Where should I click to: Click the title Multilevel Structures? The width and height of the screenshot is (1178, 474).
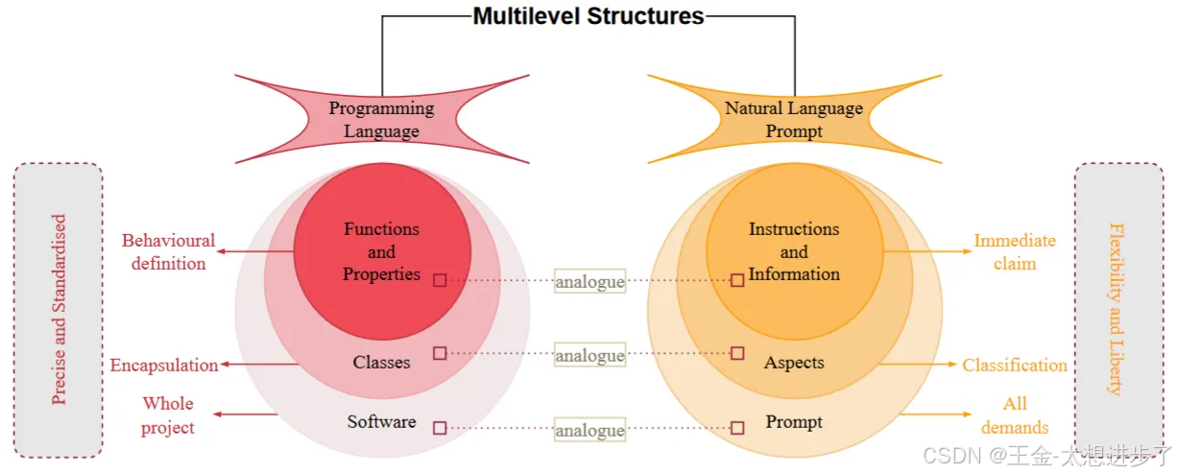click(589, 15)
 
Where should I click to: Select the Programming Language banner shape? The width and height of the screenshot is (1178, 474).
click(381, 120)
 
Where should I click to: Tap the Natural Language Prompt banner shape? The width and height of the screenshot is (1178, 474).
click(794, 120)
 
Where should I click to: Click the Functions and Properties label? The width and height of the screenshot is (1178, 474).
click(381, 251)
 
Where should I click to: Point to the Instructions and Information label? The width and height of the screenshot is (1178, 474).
click(794, 251)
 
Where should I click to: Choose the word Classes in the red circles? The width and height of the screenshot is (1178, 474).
click(381, 363)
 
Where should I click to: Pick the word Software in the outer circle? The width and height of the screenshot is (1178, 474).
click(381, 421)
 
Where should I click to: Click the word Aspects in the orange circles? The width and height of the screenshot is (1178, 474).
click(794, 363)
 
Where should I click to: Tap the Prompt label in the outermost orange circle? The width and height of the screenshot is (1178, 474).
click(794, 421)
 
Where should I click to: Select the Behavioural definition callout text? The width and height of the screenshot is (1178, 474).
click(168, 251)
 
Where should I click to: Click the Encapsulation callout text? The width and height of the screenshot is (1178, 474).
click(164, 365)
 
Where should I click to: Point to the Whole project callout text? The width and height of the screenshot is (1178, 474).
click(168, 415)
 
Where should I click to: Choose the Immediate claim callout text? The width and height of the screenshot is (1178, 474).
click(1015, 251)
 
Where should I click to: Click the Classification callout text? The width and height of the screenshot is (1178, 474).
click(1015, 365)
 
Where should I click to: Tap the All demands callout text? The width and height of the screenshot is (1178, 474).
click(1015, 415)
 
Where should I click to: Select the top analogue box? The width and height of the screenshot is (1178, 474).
click(589, 281)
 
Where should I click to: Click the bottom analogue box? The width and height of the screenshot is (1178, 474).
click(589, 430)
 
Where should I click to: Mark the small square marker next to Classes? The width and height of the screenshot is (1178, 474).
click(440, 353)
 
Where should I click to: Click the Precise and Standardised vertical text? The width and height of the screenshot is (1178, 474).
click(60, 309)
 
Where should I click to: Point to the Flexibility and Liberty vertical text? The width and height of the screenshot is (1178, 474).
click(1116, 309)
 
